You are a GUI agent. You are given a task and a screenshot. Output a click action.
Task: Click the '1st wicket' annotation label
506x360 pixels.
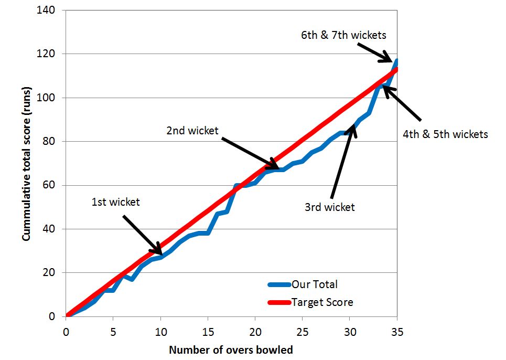click(x=115, y=202)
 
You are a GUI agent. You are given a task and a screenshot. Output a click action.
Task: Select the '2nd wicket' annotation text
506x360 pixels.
click(x=192, y=131)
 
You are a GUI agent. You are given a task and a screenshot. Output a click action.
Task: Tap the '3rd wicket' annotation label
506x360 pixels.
click(x=329, y=207)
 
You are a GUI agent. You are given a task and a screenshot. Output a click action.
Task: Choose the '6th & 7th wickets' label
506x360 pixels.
click(x=343, y=35)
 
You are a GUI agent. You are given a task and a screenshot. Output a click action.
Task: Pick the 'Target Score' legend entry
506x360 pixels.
click(x=322, y=302)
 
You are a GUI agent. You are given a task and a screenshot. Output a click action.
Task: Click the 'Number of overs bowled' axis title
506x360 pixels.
click(x=231, y=349)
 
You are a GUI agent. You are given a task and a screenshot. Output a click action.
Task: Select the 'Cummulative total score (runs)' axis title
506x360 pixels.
click(x=26, y=163)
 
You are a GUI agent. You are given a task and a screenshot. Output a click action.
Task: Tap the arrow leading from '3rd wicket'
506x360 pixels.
click(x=343, y=160)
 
